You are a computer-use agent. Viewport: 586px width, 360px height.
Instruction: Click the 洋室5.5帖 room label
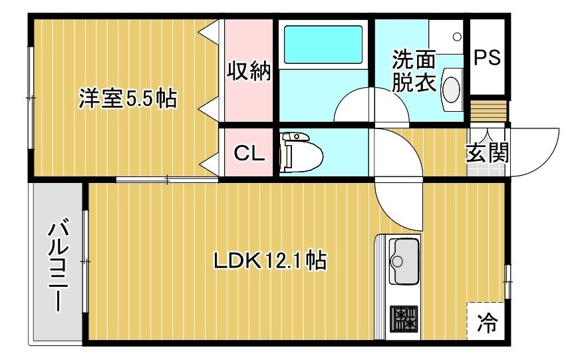click(128, 98)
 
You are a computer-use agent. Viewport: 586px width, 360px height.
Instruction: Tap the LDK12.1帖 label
click(270, 261)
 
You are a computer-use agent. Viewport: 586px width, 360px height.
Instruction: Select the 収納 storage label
click(249, 71)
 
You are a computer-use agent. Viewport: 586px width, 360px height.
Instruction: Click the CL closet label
click(249, 153)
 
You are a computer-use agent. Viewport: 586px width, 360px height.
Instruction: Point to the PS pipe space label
click(487, 58)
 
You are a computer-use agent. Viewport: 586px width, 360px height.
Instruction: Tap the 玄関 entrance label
click(488, 152)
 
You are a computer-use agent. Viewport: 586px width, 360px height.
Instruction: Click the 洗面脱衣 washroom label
click(413, 71)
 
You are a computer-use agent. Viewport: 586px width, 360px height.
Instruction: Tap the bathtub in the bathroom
click(323, 45)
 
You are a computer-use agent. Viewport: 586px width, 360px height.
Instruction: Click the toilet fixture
click(301, 152)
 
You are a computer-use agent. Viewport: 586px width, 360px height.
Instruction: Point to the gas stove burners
click(404, 319)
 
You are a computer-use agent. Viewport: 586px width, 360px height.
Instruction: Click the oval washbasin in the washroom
click(451, 89)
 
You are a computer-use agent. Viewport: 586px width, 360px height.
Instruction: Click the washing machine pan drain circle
click(457, 37)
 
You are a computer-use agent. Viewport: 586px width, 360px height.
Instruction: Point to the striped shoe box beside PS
click(488, 110)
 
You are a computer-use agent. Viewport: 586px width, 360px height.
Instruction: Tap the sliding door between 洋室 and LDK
click(167, 180)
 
